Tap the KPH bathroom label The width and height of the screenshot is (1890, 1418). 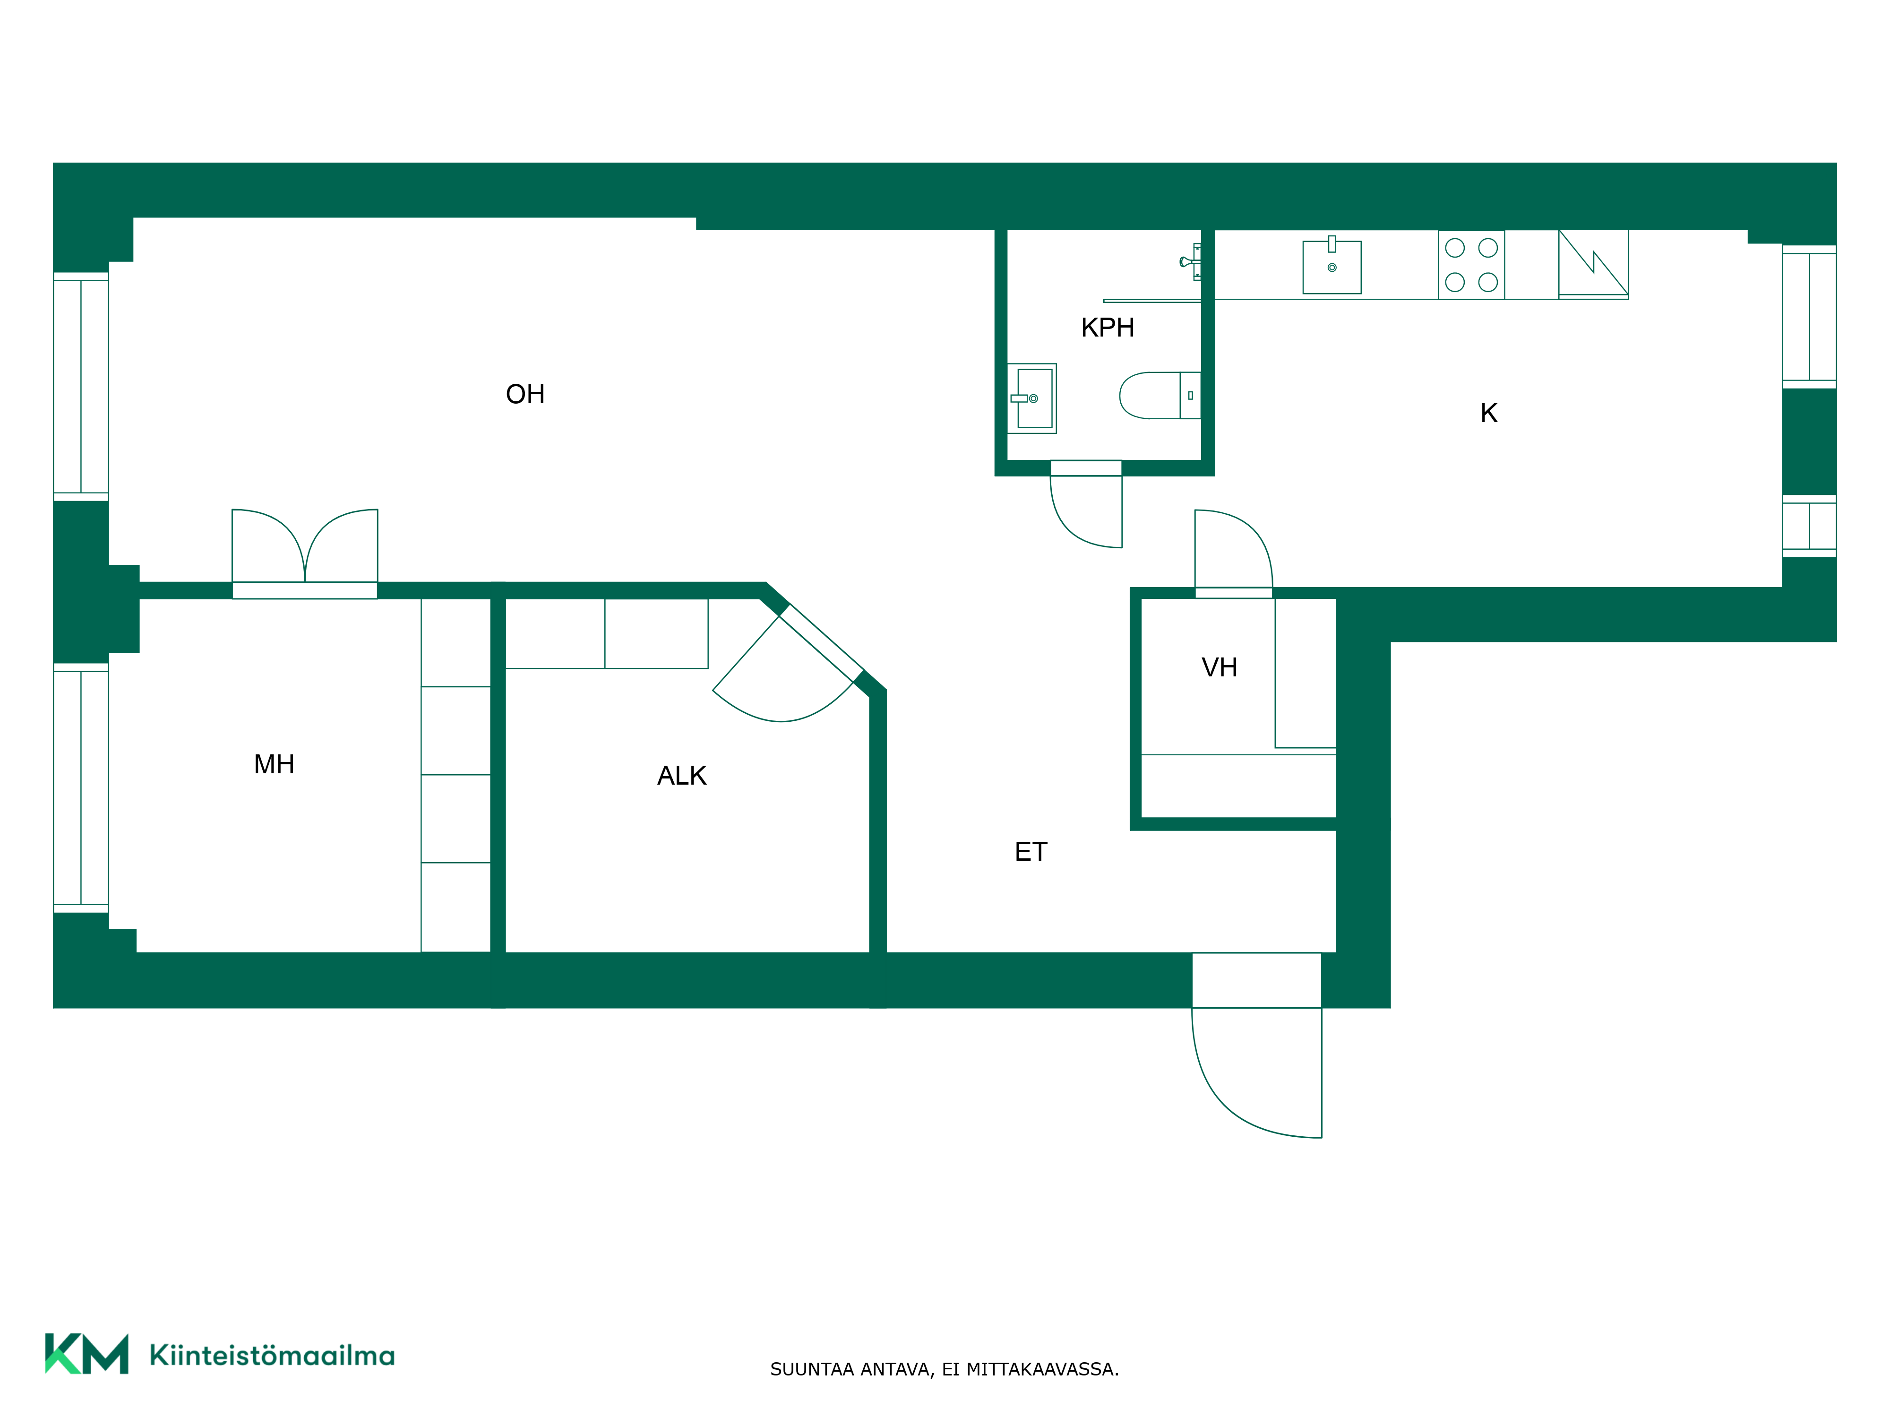click(x=1108, y=328)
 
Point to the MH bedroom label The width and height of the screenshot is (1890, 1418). click(x=274, y=764)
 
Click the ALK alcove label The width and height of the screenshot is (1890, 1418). click(x=682, y=775)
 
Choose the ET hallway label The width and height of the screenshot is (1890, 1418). click(x=1031, y=851)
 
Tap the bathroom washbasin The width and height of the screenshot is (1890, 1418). click(x=1032, y=398)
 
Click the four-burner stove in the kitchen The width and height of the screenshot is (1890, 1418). click(x=1471, y=265)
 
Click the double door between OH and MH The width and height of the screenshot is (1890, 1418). click(x=305, y=547)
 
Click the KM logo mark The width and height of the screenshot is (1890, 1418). click(x=86, y=1353)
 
